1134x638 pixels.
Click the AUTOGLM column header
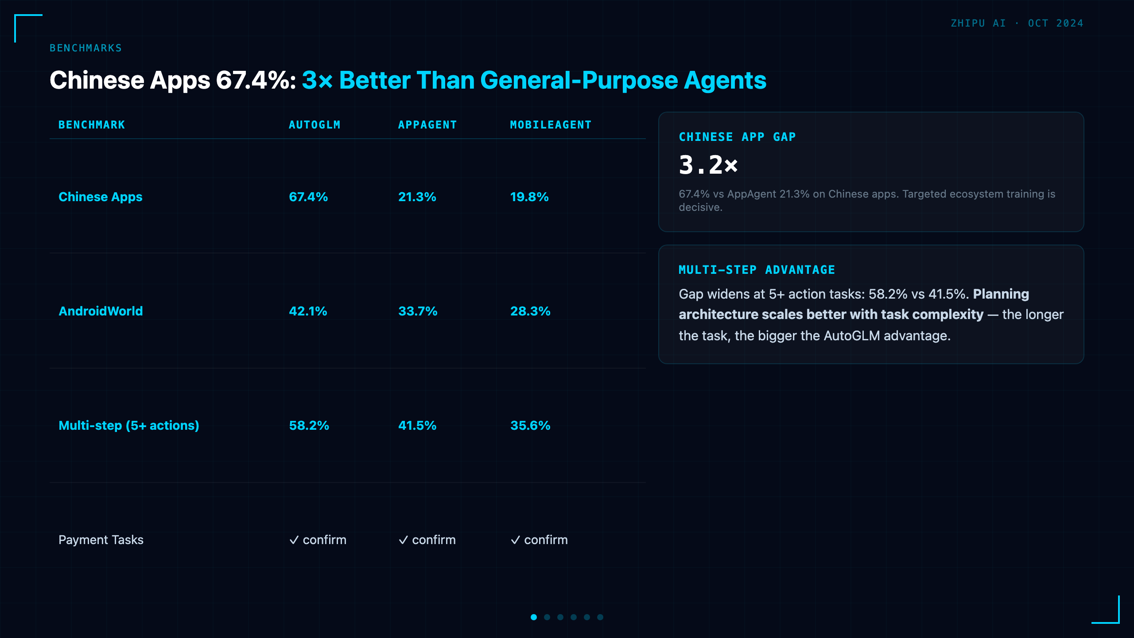(x=315, y=125)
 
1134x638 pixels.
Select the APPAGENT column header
(x=427, y=125)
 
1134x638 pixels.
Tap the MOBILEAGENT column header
(x=551, y=125)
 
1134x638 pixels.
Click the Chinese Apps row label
(x=101, y=197)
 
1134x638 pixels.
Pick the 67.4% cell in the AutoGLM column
(x=308, y=197)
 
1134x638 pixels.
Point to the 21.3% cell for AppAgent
(x=417, y=197)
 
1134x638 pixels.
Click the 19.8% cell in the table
(x=529, y=197)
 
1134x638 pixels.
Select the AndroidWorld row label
(x=101, y=311)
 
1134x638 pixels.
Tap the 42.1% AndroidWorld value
(x=308, y=311)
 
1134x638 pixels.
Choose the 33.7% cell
(x=418, y=311)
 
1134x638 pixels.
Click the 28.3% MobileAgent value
(x=530, y=311)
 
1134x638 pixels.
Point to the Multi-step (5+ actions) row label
(x=129, y=425)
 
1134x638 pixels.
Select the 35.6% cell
(x=530, y=425)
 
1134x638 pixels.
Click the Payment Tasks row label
(x=101, y=540)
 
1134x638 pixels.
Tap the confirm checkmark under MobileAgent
(x=516, y=540)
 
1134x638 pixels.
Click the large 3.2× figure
(x=708, y=165)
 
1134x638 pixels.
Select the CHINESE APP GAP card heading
(x=738, y=137)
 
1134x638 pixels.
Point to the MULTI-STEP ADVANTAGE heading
(x=757, y=270)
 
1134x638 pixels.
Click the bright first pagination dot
(x=534, y=617)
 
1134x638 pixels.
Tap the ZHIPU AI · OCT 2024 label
(x=1017, y=23)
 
